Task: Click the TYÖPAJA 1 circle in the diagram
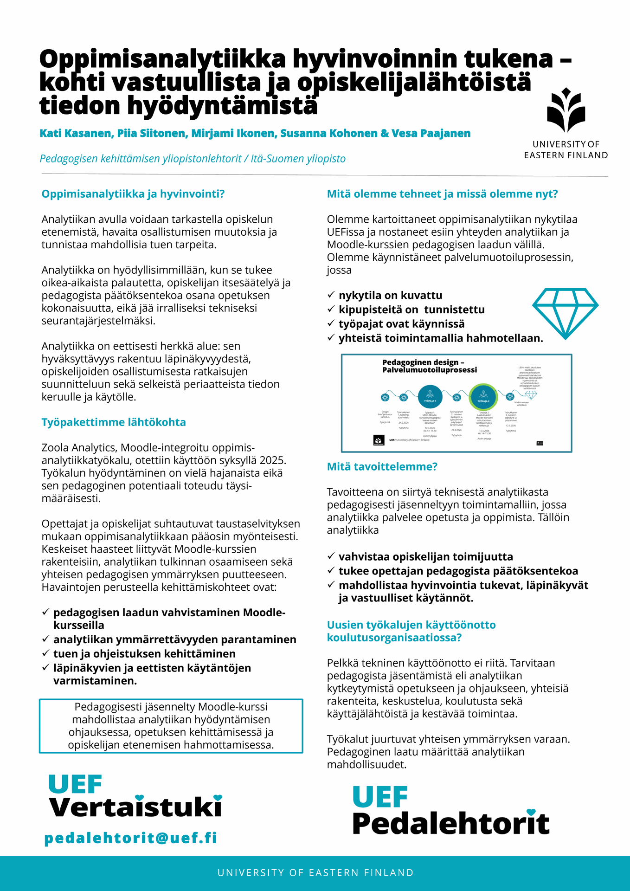coord(430,397)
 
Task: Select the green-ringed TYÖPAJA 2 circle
coord(483,397)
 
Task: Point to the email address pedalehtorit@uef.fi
coord(131,838)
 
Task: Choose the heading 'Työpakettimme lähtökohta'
coord(114,422)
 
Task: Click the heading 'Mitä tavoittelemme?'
coord(382,467)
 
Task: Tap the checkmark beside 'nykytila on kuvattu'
coord(331,295)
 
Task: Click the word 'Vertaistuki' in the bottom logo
coord(135,807)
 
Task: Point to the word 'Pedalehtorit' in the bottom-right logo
coord(451,824)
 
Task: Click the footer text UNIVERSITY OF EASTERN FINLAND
coord(315,873)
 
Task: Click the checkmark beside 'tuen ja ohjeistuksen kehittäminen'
coord(46,653)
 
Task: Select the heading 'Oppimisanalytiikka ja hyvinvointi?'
coord(133,194)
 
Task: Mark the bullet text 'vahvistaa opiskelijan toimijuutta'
coord(426,557)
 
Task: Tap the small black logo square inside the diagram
coord(379,440)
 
